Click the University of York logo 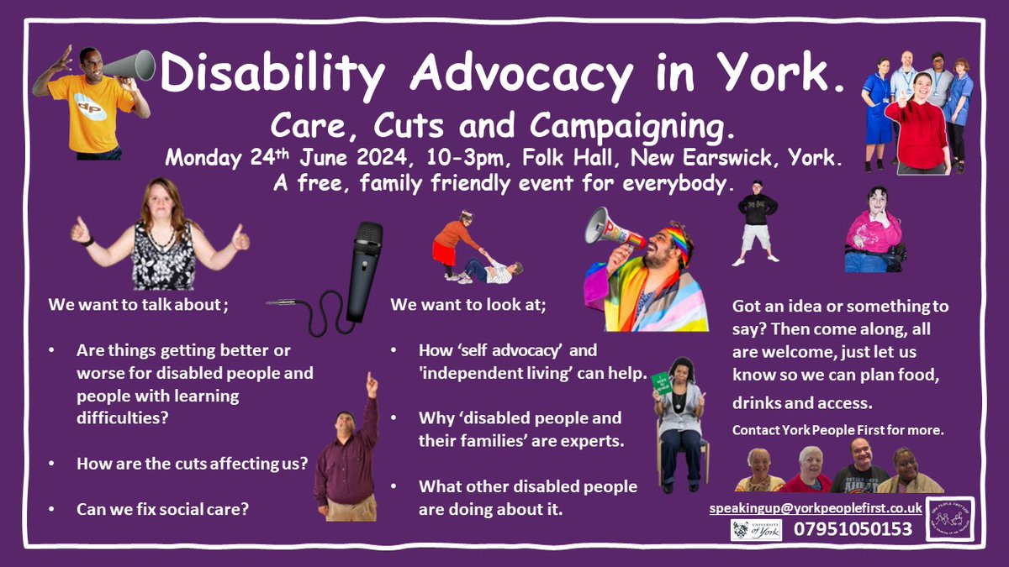click(x=756, y=529)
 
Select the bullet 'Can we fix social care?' click(x=162, y=509)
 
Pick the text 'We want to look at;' click(x=468, y=305)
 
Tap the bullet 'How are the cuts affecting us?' click(x=192, y=464)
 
